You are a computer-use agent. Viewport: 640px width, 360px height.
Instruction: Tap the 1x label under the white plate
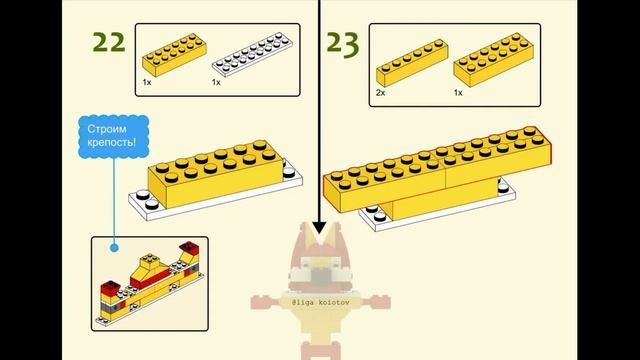(216, 82)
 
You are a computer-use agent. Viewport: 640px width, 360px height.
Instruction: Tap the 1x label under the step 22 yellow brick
(146, 82)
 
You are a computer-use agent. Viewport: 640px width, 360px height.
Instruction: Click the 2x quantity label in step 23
(381, 92)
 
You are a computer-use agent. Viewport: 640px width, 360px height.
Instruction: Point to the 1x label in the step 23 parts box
(458, 92)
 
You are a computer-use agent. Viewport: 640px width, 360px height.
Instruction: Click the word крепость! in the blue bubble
(112, 147)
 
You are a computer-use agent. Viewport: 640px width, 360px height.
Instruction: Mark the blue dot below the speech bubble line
(114, 246)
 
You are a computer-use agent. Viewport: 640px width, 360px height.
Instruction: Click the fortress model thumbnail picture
(150, 284)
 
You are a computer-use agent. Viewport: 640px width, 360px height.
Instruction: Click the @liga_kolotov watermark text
(321, 300)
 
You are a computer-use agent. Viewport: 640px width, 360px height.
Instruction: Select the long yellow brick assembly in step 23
(440, 170)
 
